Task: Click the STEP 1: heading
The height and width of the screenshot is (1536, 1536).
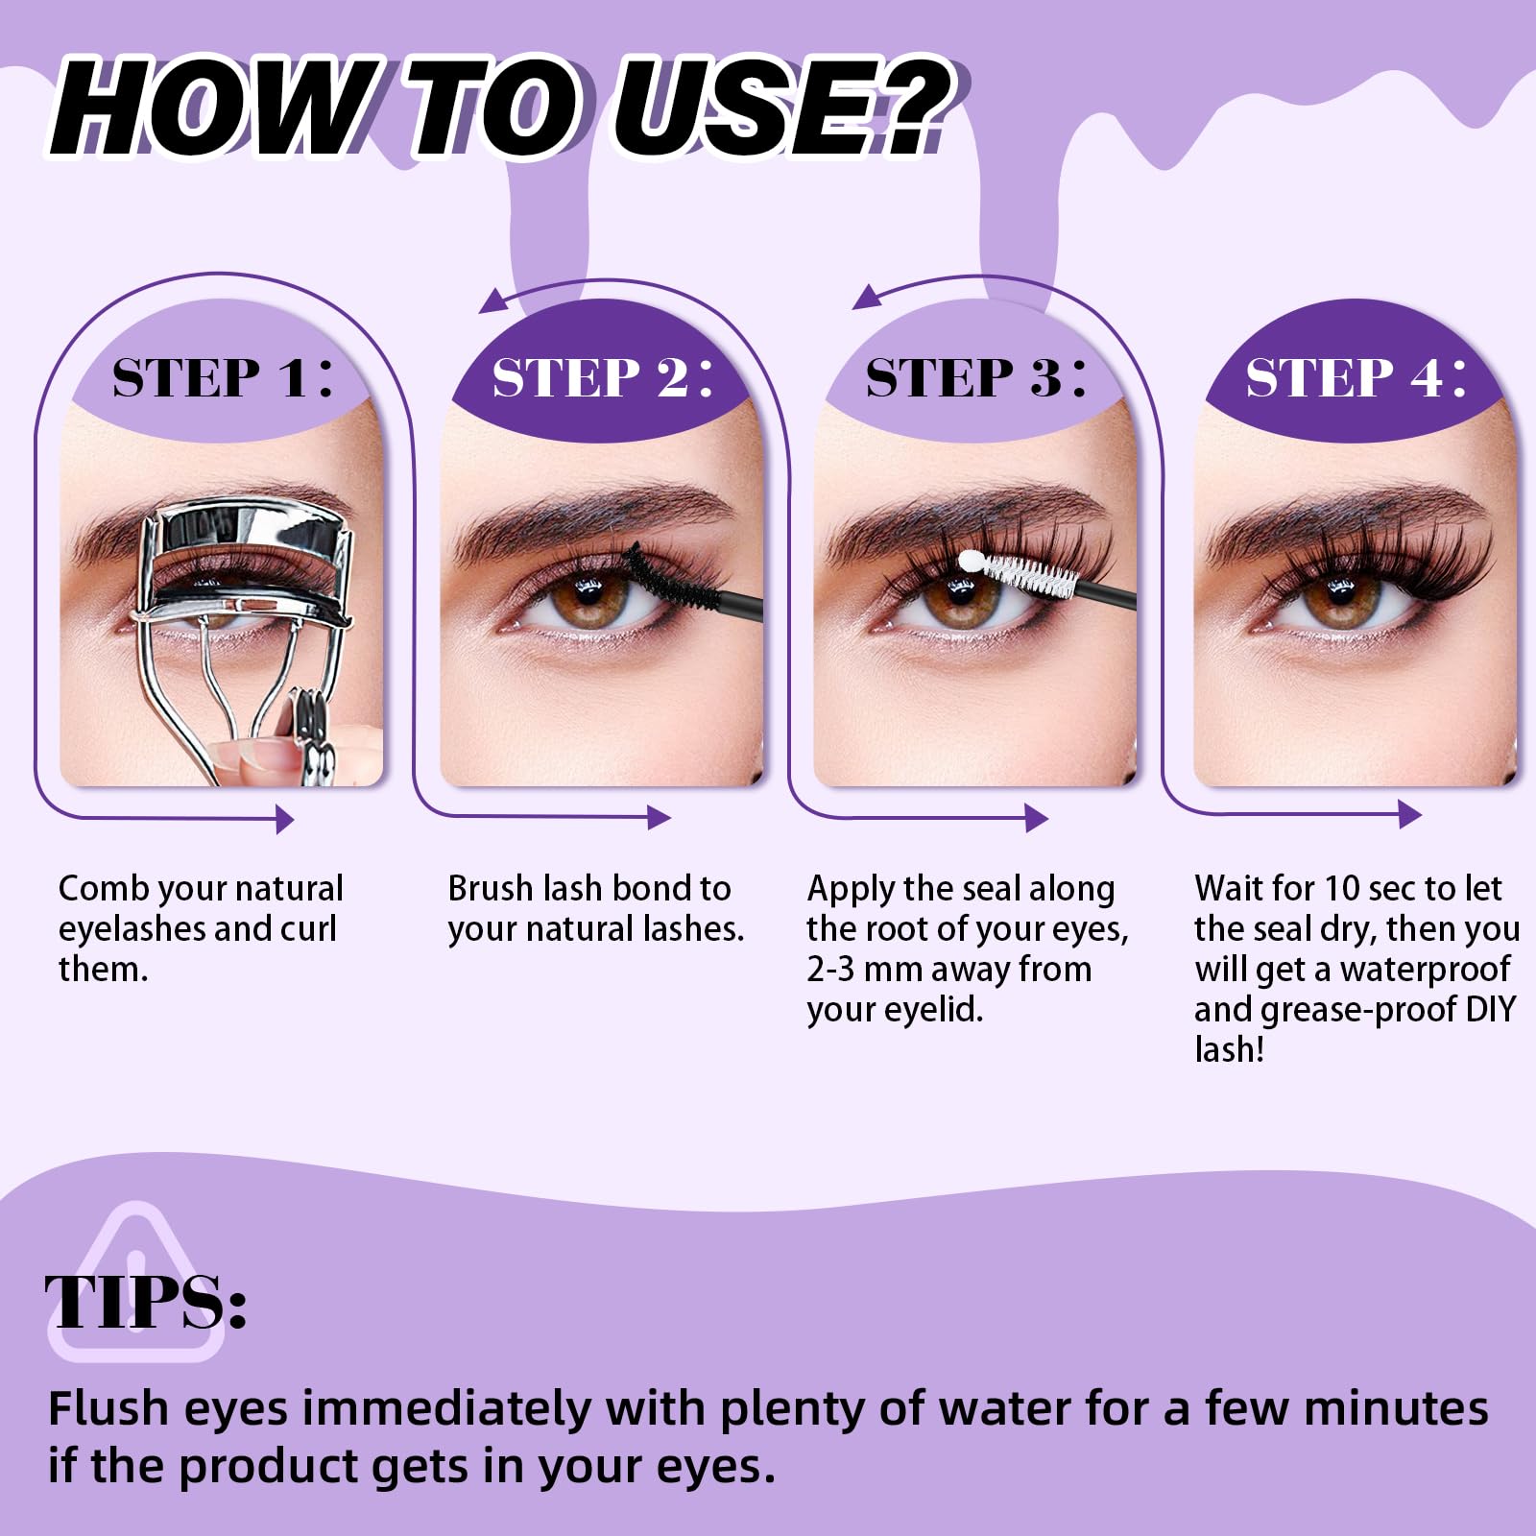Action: tap(223, 376)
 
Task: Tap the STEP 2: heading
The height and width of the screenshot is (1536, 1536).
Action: tap(603, 376)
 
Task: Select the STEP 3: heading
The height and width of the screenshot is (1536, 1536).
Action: tap(976, 376)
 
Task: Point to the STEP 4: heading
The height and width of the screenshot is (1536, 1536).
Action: tap(1356, 376)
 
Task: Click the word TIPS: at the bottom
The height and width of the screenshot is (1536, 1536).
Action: tap(146, 1302)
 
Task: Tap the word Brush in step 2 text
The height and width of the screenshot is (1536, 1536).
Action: tap(491, 889)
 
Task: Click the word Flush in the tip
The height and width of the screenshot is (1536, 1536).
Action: tap(109, 1408)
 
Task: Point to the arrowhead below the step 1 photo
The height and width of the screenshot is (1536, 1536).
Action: tap(284, 819)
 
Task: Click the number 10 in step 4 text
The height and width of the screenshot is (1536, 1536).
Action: tap(1342, 889)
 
